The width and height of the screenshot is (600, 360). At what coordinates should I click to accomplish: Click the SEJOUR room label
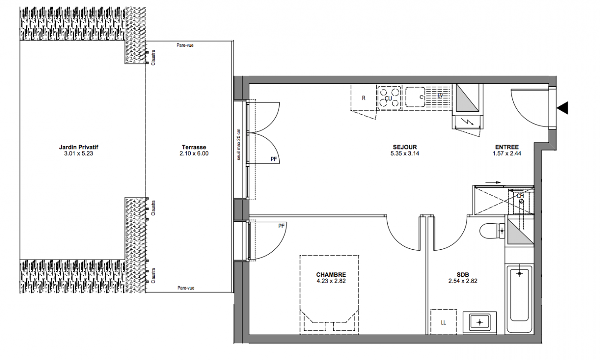point(405,147)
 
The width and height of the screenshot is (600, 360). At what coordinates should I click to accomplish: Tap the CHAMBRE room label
point(331,275)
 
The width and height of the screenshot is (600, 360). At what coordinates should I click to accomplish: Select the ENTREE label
point(507,147)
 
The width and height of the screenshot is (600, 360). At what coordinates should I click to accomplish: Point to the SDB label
point(463,275)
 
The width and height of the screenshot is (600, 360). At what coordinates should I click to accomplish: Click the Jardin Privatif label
point(79,147)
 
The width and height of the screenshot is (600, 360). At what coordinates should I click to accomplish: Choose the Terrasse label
point(194,147)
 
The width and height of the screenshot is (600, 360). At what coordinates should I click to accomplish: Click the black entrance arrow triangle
point(563,108)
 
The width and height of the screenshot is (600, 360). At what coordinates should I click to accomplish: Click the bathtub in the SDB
point(519,299)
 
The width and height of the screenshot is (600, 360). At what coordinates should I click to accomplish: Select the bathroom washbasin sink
point(480,323)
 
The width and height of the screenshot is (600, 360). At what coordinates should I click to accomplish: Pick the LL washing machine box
point(443,322)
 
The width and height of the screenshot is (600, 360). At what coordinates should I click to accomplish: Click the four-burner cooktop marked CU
point(389,97)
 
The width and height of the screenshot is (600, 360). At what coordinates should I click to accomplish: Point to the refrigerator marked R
point(363,98)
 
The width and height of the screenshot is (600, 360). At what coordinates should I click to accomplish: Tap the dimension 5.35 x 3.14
point(405,153)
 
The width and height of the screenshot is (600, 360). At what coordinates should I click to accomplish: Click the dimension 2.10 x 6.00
point(194,153)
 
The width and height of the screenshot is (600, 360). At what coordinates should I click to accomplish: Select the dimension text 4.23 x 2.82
point(331,281)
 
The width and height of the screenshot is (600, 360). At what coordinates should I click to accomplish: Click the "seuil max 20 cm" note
point(239,144)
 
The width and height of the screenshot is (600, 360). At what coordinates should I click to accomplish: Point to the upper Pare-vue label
point(185,45)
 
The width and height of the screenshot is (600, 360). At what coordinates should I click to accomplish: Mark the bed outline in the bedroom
point(329,295)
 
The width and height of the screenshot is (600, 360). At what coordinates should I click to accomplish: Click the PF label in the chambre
point(281,226)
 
